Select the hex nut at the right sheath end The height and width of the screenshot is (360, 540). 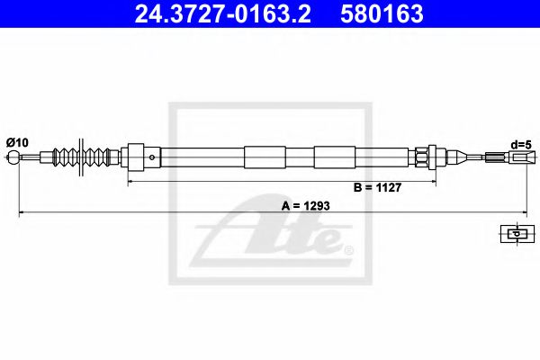coord(419,158)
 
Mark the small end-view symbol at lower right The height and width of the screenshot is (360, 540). coord(515,234)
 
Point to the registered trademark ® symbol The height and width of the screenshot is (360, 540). coord(349,248)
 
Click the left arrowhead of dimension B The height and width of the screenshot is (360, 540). coord(132,182)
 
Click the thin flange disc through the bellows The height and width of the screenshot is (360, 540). coord(83,159)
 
